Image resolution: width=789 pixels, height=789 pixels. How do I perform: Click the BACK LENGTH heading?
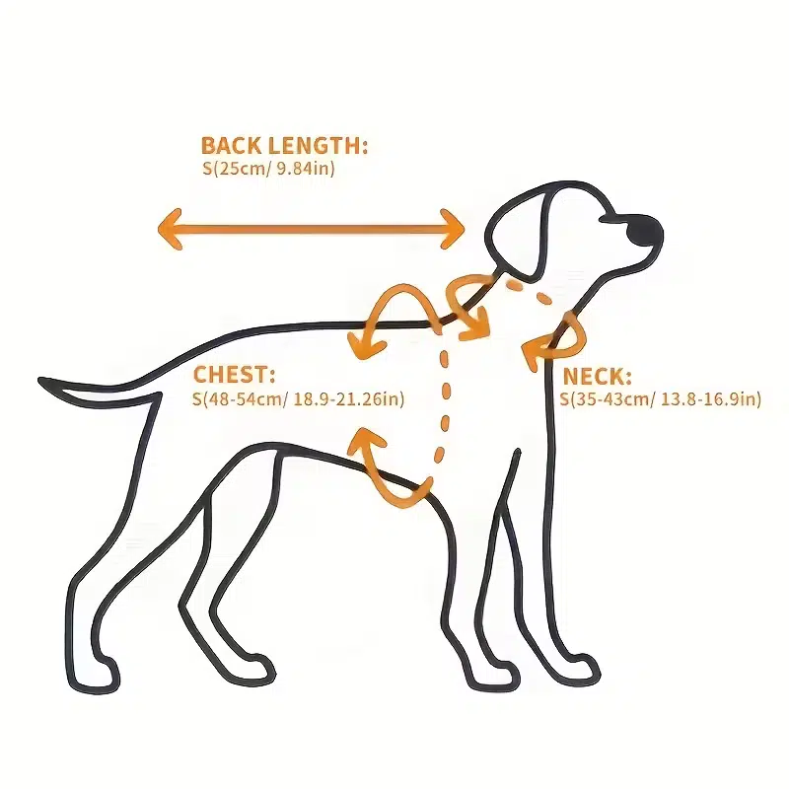(284, 145)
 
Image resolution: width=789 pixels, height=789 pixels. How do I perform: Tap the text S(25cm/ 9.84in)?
(268, 168)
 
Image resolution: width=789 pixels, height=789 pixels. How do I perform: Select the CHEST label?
(235, 375)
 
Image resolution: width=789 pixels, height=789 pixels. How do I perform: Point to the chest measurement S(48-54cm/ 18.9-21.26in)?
(299, 399)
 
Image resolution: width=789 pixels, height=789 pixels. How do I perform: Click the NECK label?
(598, 377)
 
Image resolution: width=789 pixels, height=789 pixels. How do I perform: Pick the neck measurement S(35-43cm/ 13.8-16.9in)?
(661, 399)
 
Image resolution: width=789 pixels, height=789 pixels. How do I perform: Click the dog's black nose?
(645, 231)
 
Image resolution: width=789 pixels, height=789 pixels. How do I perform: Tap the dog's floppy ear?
(519, 233)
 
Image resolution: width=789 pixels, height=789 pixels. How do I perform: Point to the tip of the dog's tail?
(40, 381)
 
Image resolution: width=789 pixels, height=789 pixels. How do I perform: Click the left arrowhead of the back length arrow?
(169, 229)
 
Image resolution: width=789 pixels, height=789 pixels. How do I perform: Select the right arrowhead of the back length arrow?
(453, 229)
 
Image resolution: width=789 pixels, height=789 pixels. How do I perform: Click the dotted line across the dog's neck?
(529, 291)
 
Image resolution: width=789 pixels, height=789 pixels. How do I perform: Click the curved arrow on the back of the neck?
(467, 306)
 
